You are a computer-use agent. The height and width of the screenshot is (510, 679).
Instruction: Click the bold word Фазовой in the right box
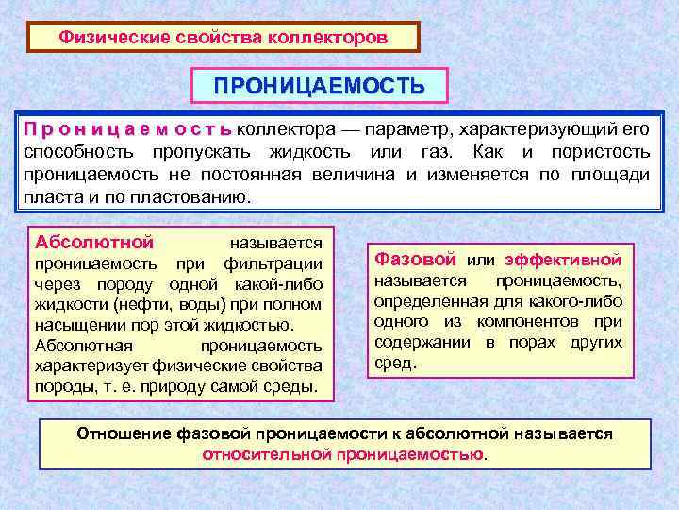[416, 259]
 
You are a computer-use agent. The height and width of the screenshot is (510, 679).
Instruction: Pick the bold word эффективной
[563, 259]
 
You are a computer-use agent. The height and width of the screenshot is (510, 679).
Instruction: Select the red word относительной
[262, 454]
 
